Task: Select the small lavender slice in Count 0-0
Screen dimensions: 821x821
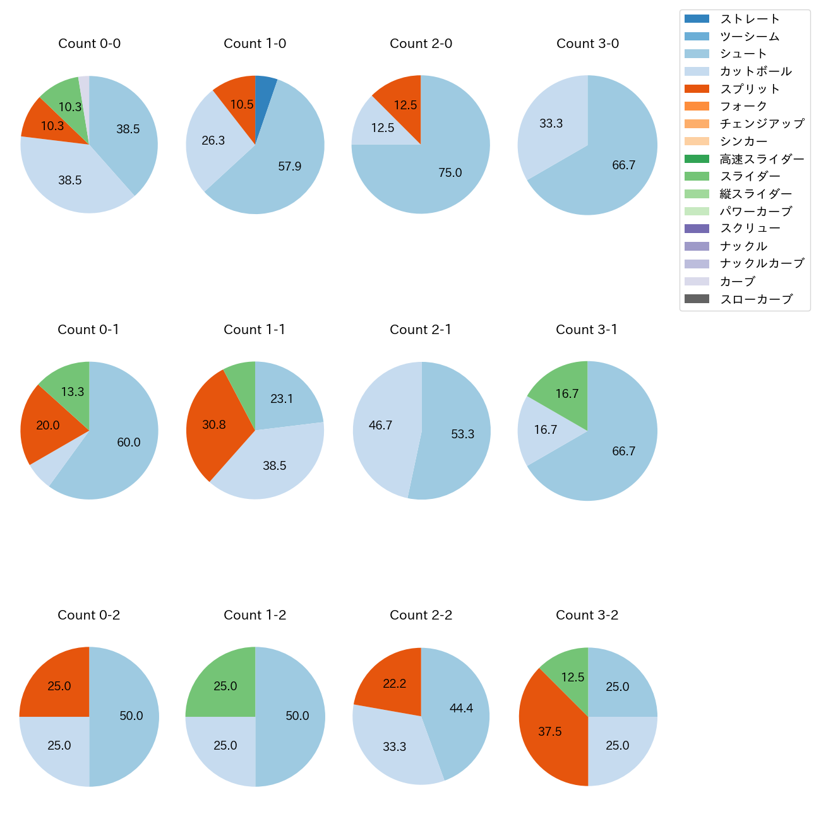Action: coord(84,88)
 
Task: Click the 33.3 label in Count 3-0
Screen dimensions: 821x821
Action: coord(551,124)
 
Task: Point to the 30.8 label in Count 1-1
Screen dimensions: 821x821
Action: coord(213,425)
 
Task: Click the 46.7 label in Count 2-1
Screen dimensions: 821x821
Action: coord(380,426)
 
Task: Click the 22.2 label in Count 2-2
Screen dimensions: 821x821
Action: coord(394,683)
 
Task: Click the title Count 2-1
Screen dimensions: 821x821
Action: coord(421,330)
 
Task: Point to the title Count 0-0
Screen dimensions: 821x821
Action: coord(89,44)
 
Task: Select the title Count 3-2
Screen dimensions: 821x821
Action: coord(587,615)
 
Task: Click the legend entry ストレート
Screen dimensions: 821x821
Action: coord(750,19)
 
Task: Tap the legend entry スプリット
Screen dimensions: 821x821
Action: coord(750,89)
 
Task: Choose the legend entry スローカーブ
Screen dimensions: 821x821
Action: coord(756,299)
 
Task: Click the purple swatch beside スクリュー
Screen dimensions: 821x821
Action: coord(697,229)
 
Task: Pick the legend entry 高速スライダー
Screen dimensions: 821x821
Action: coord(762,159)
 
